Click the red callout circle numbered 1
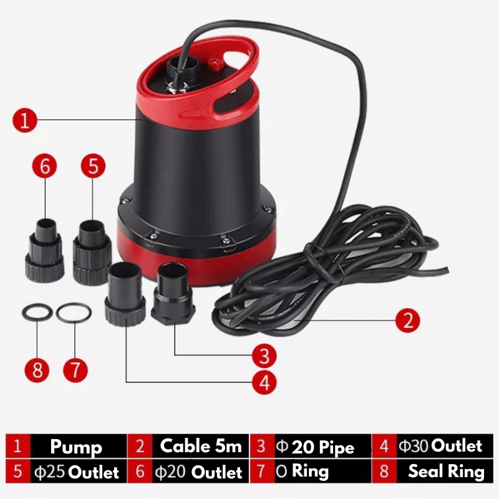coord(25,120)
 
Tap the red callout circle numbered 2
coord(408,320)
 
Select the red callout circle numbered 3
coord(264,356)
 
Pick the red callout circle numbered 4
coord(264,382)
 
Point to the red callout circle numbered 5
coord(93,166)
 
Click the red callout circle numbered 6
coord(44,166)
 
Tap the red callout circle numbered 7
coord(75,370)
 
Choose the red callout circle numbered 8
coord(37,370)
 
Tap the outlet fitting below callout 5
coord(92,253)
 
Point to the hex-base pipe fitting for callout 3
coord(173,293)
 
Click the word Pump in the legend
coord(76,447)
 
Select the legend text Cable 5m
coord(201,445)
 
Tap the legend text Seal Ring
coord(446,472)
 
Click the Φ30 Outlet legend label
coord(440,445)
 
